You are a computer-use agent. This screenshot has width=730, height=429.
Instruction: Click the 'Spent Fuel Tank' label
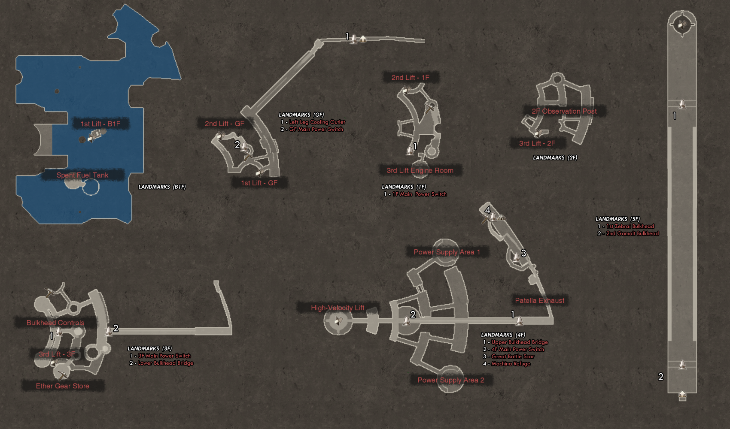pyautogui.click(x=82, y=175)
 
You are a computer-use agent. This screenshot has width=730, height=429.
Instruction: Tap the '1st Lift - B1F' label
pyautogui.click(x=100, y=124)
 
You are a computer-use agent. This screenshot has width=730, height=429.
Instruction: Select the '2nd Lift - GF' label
pyautogui.click(x=225, y=124)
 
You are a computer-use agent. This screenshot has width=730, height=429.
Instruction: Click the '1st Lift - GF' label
pyautogui.click(x=259, y=183)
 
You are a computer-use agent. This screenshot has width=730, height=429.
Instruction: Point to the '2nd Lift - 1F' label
pyautogui.click(x=410, y=78)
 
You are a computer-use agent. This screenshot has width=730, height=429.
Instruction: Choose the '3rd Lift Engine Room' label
pyautogui.click(x=420, y=170)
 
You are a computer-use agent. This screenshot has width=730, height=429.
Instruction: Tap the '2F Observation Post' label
pyautogui.click(x=564, y=111)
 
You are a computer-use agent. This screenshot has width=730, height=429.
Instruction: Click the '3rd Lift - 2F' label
pyautogui.click(x=537, y=143)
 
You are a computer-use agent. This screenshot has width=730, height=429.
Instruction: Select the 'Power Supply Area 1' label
pyautogui.click(x=447, y=252)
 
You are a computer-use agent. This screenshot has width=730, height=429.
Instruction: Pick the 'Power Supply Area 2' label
pyautogui.click(x=451, y=380)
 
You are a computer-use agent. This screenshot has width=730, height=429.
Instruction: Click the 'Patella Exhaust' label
pyautogui.click(x=540, y=300)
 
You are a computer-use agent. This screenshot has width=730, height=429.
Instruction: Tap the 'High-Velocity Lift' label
pyautogui.click(x=338, y=308)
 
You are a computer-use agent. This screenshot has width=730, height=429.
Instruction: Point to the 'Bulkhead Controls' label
pyautogui.click(x=55, y=323)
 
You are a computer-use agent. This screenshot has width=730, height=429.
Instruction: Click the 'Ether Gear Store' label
pyautogui.click(x=63, y=386)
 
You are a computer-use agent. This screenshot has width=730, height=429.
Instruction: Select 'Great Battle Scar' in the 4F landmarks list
pyautogui.click(x=513, y=356)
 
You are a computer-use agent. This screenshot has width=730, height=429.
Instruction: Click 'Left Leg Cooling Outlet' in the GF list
pyautogui.click(x=317, y=122)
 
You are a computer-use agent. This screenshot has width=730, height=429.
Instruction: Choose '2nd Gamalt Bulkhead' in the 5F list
pyautogui.click(x=632, y=234)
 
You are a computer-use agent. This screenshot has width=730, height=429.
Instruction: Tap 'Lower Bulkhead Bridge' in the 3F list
pyautogui.click(x=165, y=363)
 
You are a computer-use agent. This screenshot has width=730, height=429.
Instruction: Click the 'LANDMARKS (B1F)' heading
pyautogui.click(x=162, y=187)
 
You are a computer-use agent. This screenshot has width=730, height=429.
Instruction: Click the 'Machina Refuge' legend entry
pyautogui.click(x=511, y=364)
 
